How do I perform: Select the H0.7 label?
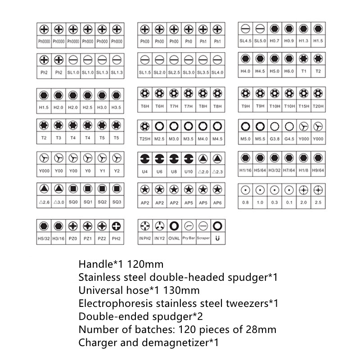(274, 41)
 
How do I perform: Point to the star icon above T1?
(304, 59)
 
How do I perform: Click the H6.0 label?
(289, 71)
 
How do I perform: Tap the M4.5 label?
(217, 138)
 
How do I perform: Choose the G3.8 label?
(274, 138)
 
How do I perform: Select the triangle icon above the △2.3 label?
(217, 158)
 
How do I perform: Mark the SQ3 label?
(117, 202)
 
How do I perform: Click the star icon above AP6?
(217, 190)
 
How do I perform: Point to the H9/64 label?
(318, 171)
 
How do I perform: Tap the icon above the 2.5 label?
(318, 190)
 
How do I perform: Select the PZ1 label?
(88, 238)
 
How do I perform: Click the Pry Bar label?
(189, 238)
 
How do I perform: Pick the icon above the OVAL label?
(174, 225)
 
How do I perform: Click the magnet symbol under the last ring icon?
(217, 238)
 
